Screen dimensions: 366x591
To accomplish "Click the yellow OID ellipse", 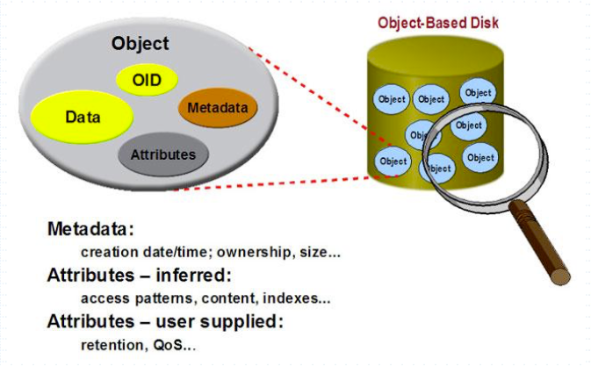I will [147, 80].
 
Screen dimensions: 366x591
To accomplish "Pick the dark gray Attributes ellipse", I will [162, 154].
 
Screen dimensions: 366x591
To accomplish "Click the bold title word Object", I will [141, 42].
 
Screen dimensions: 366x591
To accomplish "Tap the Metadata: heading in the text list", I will [90, 230].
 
